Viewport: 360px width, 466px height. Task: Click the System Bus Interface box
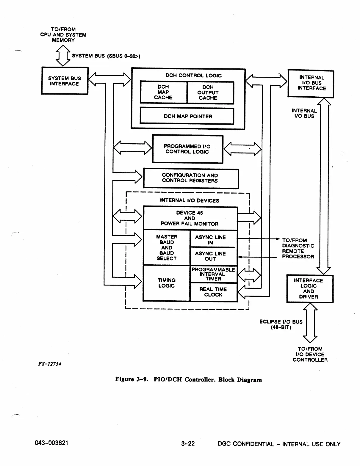65,81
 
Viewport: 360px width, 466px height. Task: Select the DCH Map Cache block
163,92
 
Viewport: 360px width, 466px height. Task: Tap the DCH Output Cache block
210,92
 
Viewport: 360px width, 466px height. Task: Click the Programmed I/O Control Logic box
187,149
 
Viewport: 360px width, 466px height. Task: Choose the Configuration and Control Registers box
191,178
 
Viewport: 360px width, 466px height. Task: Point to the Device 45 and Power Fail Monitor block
190,218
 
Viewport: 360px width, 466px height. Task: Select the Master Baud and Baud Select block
167,247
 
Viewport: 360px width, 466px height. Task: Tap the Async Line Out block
213,256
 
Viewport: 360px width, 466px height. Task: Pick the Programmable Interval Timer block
213,274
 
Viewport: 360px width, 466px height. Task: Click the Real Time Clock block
213,292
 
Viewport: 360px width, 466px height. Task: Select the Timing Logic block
166,283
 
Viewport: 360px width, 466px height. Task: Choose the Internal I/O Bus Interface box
311,83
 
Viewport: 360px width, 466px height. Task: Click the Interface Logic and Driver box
309,288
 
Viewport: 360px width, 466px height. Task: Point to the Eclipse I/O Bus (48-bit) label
281,324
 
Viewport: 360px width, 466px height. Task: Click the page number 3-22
188,444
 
